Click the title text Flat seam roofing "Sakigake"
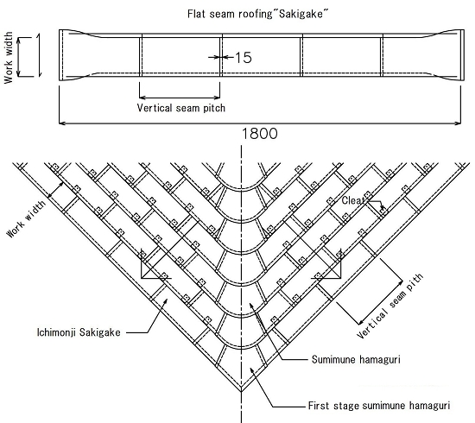tap(258, 14)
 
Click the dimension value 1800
tap(260, 134)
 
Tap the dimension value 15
tap(244, 57)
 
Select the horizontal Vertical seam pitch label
tap(181, 108)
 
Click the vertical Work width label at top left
tap(9, 58)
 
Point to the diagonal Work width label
tap(27, 218)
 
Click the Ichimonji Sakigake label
tap(79, 332)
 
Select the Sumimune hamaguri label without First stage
tap(356, 359)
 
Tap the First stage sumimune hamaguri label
tap(379, 406)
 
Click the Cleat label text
tap(353, 200)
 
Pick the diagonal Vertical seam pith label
tap(389, 306)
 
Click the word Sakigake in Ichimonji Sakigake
tap(100, 332)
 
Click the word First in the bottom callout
tap(319, 406)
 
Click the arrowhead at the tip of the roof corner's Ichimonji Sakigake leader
tap(165, 300)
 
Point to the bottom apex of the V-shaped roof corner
tap(242, 391)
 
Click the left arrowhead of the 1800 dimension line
tap(62, 123)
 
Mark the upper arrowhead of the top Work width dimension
tap(19, 41)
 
